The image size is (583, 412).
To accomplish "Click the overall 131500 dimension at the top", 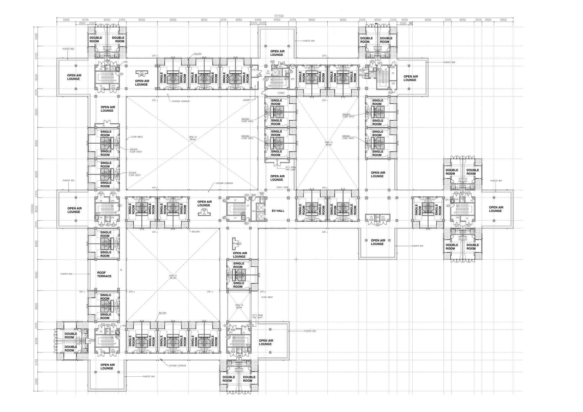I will click(x=279, y=16).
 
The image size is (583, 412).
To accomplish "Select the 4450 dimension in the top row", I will click(x=258, y=20).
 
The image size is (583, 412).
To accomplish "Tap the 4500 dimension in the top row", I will click(x=405, y=20).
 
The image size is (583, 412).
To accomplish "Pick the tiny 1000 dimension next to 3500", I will click(x=411, y=23).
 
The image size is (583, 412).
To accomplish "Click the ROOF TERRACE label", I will click(x=104, y=274).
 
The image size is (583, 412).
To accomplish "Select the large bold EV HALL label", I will click(x=278, y=211).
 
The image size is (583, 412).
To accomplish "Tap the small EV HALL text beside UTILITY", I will click(x=268, y=72).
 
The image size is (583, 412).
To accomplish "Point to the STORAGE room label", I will click(x=281, y=93).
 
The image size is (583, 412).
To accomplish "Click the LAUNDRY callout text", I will click(x=247, y=100).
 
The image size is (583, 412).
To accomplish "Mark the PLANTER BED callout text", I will click(x=68, y=49).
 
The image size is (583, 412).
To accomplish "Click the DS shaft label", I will click(x=286, y=71).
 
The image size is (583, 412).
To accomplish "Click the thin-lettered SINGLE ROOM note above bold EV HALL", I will click(x=282, y=187).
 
